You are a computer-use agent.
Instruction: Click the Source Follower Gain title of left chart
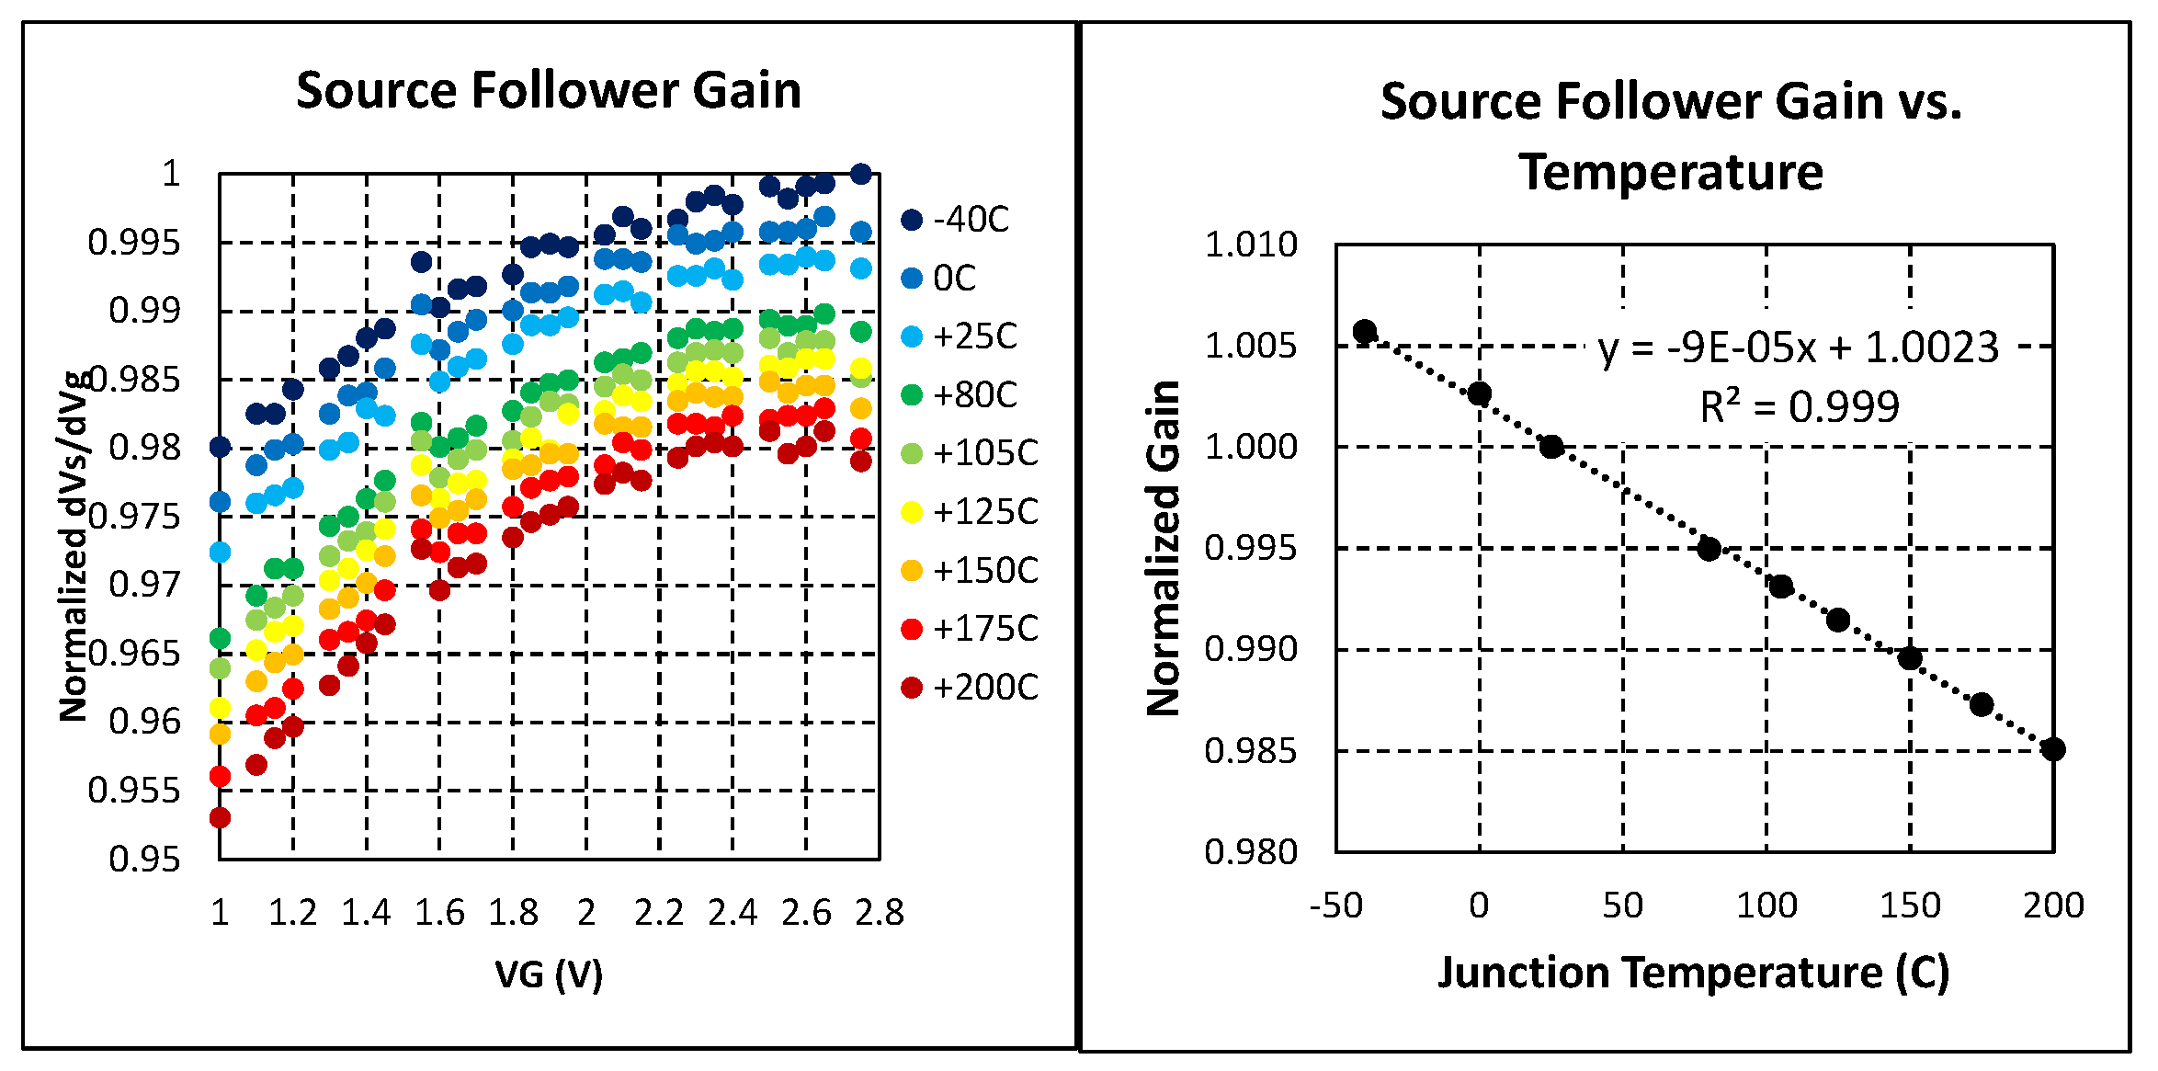549,91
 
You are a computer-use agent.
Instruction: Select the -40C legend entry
956,220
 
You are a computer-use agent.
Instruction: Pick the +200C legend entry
970,688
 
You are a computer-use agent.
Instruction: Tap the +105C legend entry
970,453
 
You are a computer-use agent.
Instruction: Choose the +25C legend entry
960,336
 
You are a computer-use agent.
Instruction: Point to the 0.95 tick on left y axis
144,859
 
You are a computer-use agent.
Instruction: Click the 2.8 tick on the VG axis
880,913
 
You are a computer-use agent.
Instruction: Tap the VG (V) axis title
549,974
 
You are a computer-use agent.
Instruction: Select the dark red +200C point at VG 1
220,817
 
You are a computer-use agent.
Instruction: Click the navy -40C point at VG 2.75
861,174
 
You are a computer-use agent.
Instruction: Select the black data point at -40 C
1365,331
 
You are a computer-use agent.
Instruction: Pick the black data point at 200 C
2054,749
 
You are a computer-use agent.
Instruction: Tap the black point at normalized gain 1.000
1551,447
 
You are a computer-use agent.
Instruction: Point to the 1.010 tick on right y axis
1251,245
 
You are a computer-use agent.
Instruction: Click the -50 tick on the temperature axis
1336,906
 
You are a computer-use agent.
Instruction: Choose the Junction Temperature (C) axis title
1693,974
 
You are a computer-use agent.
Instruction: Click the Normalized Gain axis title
1164,548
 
